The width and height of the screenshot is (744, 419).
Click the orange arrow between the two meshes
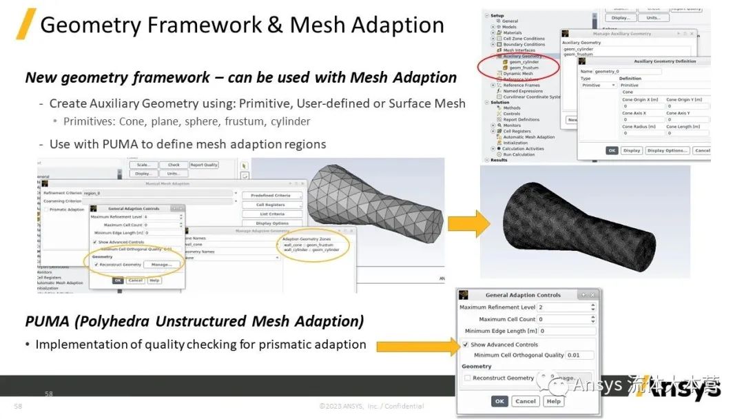tap(468, 222)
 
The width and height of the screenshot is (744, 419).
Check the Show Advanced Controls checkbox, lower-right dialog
tap(466, 345)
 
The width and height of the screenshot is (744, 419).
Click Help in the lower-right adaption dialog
tap(553, 401)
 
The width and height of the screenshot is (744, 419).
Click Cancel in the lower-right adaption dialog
tap(526, 401)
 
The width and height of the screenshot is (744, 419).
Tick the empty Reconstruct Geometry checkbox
tap(467, 378)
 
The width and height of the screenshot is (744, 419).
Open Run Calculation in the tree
tap(519, 154)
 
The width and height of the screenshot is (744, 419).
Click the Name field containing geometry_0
tap(627, 71)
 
